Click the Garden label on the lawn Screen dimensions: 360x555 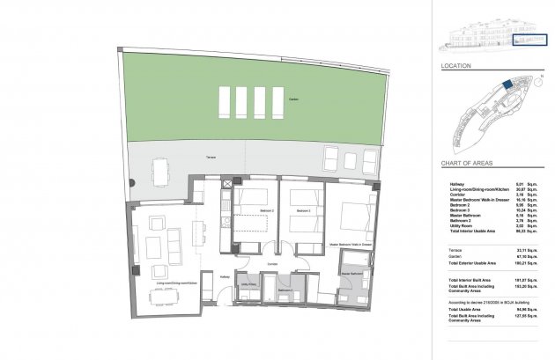click(292, 99)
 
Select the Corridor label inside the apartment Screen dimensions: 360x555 click(273, 262)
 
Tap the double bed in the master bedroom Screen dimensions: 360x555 click(353, 217)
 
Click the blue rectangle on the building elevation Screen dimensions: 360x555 click(531, 40)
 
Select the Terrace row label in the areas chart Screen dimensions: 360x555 click(455, 251)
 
